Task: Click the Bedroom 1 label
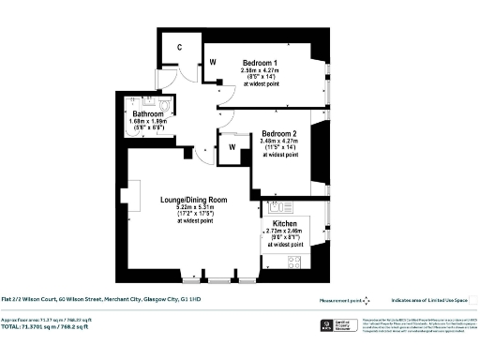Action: pyautogui.click(x=263, y=62)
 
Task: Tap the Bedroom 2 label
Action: pyautogui.click(x=278, y=133)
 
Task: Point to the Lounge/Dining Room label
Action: pyautogui.click(x=195, y=200)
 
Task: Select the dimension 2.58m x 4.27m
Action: pyautogui.click(x=263, y=70)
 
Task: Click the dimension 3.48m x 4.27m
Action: pyautogui.click(x=278, y=142)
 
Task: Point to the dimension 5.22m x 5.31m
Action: pyautogui.click(x=195, y=207)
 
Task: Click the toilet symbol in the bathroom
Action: pyautogui.click(x=165, y=106)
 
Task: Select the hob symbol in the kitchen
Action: pyautogui.click(x=293, y=262)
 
